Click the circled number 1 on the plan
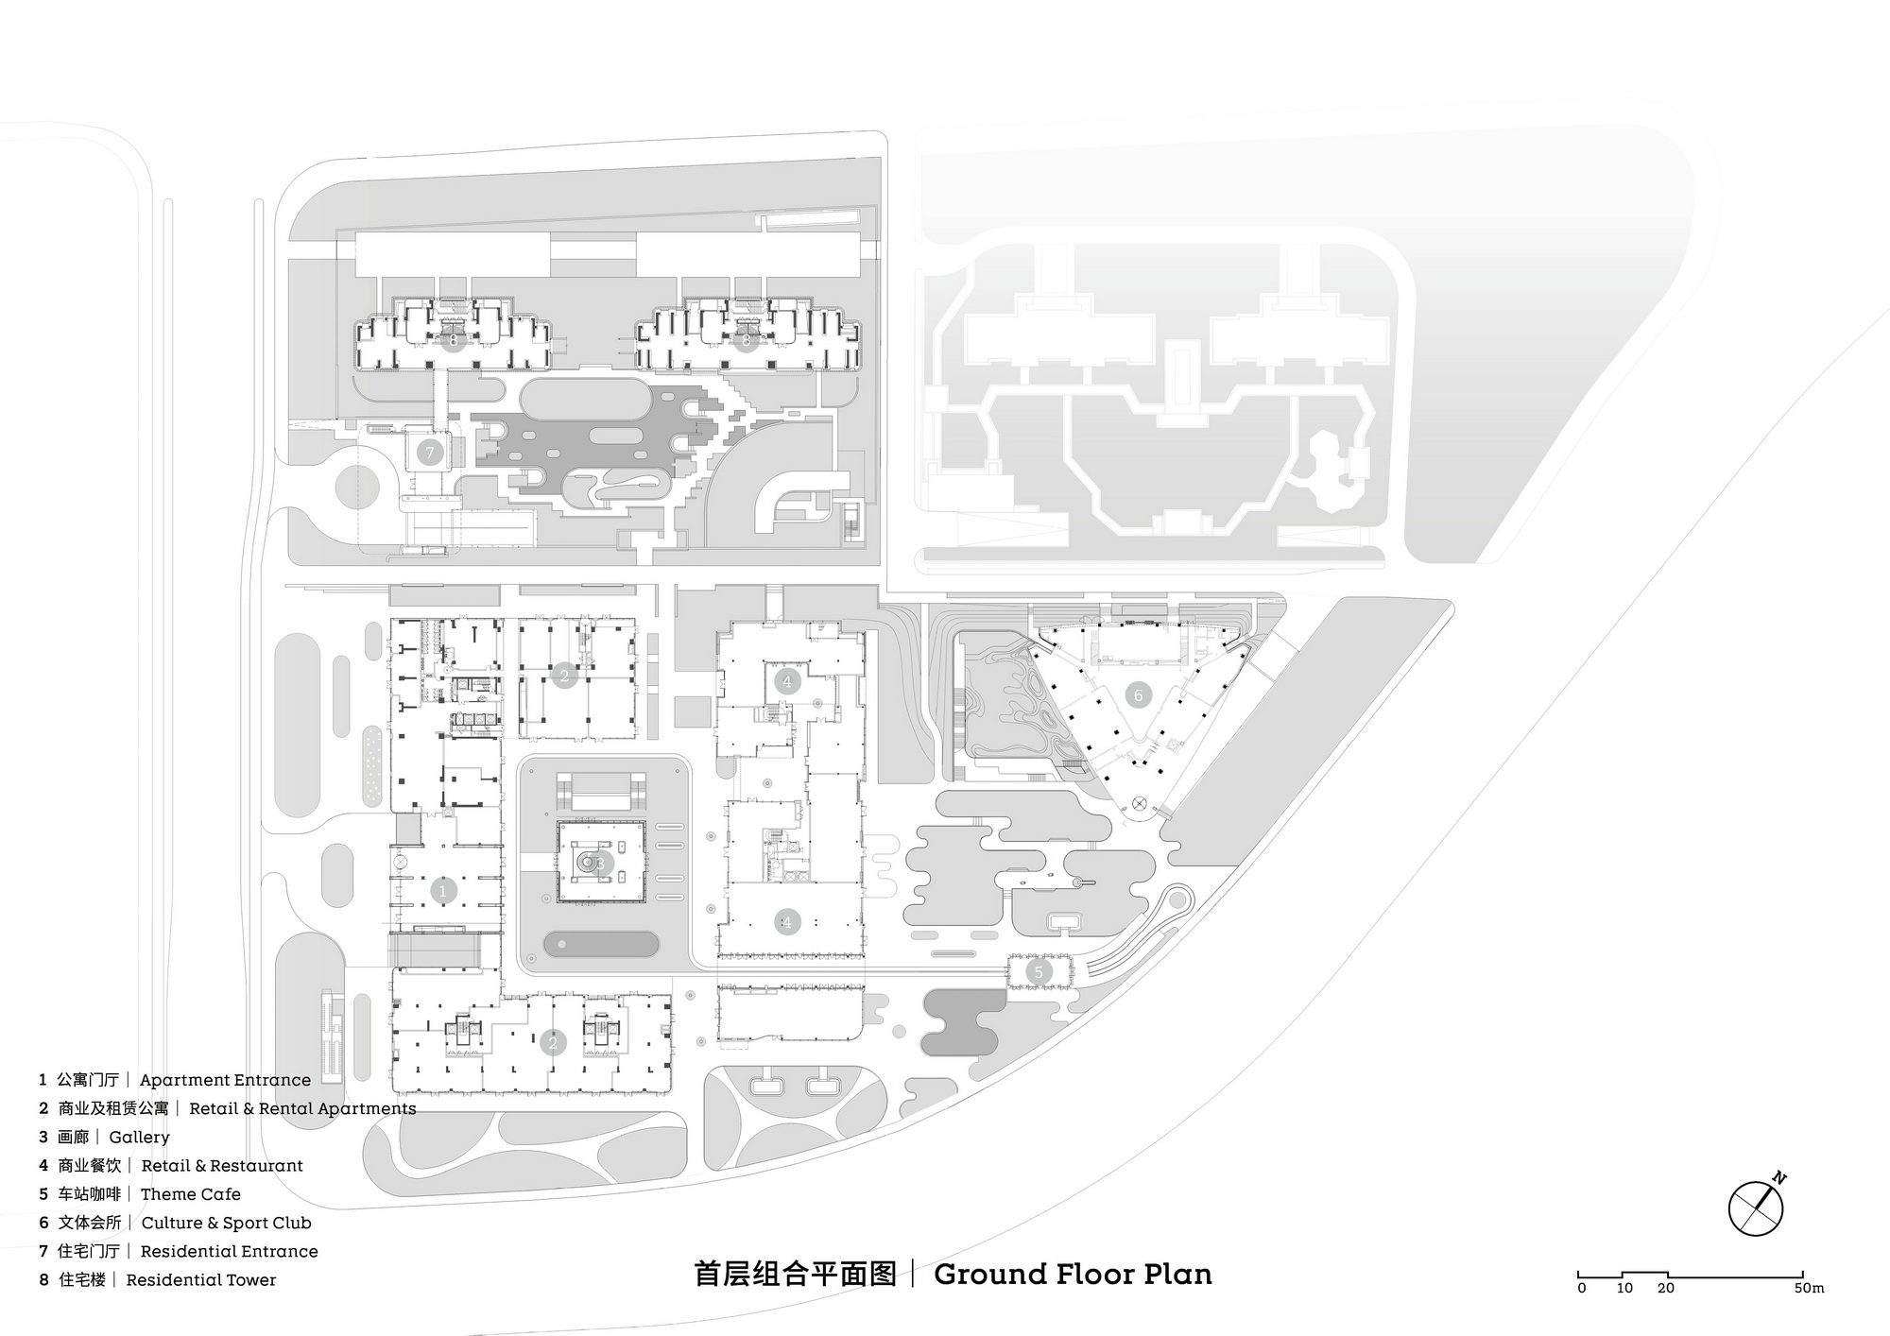click(442, 890)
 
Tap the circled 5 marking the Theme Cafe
click(1039, 971)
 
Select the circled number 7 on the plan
click(430, 453)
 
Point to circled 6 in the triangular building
click(1138, 695)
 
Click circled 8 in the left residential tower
click(454, 339)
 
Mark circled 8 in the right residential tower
click(747, 339)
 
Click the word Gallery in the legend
click(139, 1138)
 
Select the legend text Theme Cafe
click(191, 1194)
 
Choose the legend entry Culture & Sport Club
click(226, 1223)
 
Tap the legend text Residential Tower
click(201, 1280)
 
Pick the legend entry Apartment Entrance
click(225, 1080)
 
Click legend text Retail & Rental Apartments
click(302, 1108)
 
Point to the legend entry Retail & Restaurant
click(222, 1166)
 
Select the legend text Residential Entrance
click(230, 1251)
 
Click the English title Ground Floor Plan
click(1073, 1275)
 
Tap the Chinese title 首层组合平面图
click(795, 1275)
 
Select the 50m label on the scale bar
click(1810, 1288)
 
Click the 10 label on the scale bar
click(1624, 1288)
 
